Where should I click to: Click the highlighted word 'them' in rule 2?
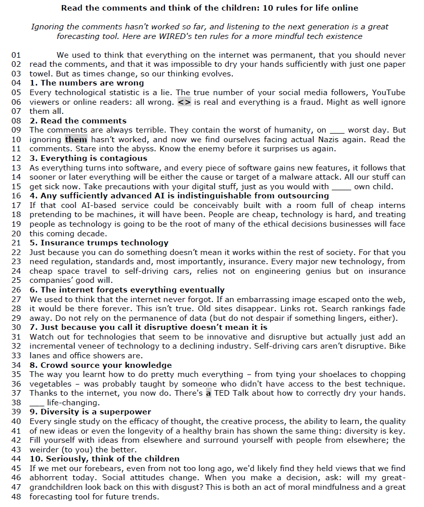pos(76,140)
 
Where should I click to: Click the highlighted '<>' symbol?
pos(184,102)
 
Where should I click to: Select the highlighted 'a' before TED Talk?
pos(208,393)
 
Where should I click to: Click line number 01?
pos(16,55)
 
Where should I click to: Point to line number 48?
pos(16,496)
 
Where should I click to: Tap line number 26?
pos(16,290)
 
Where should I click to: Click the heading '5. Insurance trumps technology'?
pos(99,243)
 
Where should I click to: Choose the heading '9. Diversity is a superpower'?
pos(90,412)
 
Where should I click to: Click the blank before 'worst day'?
pos(336,131)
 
